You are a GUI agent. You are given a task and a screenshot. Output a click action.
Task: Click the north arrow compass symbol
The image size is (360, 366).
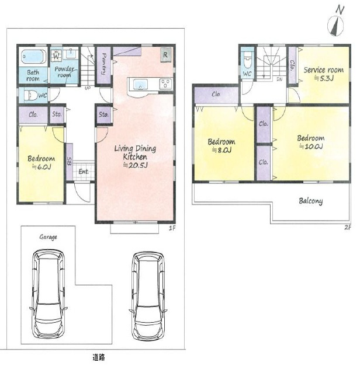click(335, 26)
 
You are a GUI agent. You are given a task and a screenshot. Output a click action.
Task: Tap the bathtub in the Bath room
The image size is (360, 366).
click(33, 56)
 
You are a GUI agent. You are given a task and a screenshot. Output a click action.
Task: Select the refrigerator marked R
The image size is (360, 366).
click(166, 55)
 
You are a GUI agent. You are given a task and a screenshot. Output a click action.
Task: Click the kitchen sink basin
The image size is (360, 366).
click(140, 84)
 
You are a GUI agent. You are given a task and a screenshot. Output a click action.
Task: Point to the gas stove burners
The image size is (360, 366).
click(165, 83)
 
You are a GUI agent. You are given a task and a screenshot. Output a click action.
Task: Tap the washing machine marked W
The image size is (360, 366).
click(56, 56)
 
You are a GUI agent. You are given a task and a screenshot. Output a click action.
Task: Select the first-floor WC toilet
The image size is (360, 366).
click(31, 96)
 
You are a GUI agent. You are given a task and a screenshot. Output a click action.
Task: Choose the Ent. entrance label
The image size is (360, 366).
click(84, 172)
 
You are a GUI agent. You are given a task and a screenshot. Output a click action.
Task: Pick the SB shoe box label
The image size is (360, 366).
click(69, 161)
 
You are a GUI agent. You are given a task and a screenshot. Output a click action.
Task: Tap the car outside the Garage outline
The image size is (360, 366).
click(148, 296)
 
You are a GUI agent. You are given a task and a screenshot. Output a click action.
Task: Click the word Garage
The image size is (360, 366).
click(48, 237)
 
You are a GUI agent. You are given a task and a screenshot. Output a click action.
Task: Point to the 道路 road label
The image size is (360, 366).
click(99, 357)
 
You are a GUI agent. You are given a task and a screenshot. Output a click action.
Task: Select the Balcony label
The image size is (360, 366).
click(311, 201)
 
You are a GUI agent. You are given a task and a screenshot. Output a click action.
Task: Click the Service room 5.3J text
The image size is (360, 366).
click(324, 74)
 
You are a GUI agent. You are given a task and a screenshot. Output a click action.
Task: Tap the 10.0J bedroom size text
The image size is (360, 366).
click(311, 147)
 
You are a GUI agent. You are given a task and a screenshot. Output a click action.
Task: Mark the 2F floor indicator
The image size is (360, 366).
click(348, 227)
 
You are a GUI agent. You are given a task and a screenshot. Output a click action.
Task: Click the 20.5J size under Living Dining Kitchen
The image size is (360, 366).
click(135, 165)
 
